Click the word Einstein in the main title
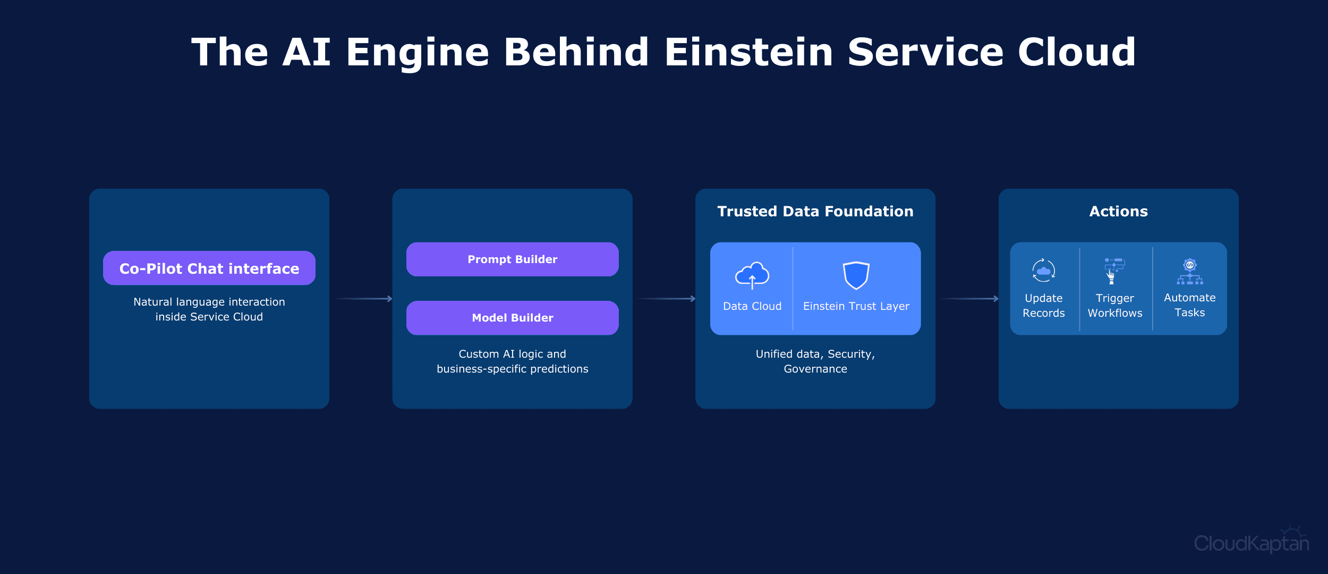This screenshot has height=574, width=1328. click(748, 52)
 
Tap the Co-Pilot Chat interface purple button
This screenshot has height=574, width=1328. click(209, 268)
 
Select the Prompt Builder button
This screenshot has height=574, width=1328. click(512, 259)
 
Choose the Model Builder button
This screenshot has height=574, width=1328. click(512, 318)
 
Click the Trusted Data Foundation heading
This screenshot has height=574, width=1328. click(815, 212)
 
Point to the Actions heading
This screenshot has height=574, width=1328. click(1118, 212)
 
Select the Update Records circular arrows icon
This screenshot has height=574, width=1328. click(1043, 271)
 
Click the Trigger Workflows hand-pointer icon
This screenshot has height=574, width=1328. click(1113, 271)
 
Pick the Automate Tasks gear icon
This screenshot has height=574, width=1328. click(1189, 271)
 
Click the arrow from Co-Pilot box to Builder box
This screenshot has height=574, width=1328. click(363, 299)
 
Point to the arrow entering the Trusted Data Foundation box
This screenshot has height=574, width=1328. click(666, 299)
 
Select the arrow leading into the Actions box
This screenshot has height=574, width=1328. click(969, 299)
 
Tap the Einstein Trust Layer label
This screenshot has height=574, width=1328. click(856, 306)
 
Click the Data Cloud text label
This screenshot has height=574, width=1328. click(752, 306)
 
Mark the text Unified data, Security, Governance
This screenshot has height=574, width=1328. click(815, 361)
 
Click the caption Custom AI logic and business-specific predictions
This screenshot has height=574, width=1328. click(512, 361)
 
